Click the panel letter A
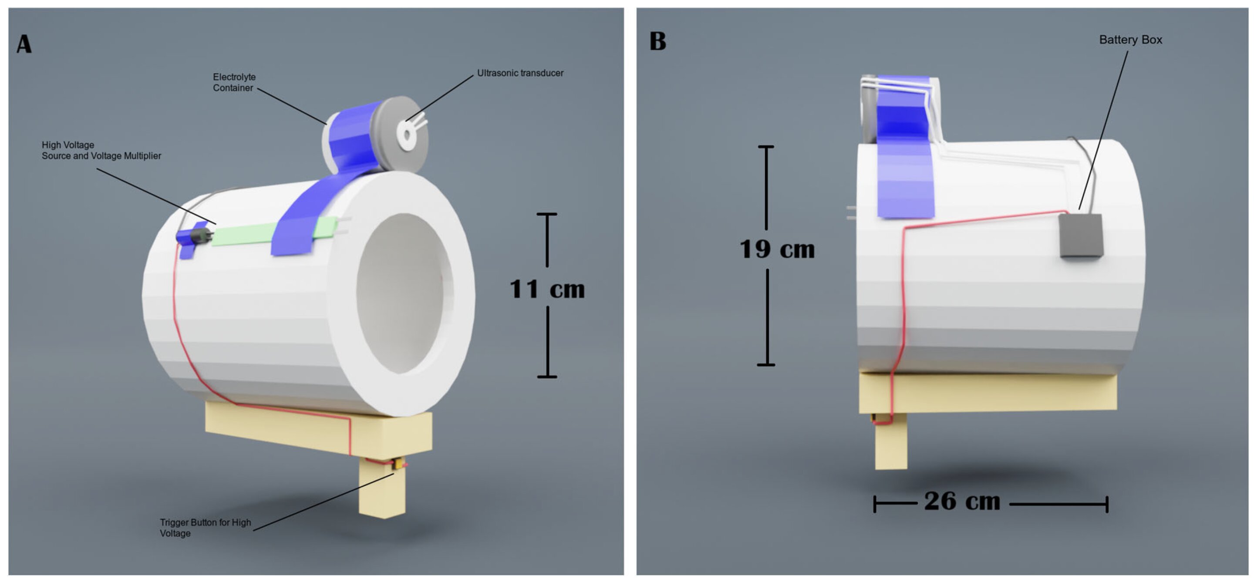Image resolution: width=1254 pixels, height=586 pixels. click(24, 44)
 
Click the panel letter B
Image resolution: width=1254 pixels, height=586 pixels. click(657, 41)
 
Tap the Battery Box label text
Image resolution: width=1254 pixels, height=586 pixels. click(1130, 40)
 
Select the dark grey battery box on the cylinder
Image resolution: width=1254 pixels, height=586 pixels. click(1081, 236)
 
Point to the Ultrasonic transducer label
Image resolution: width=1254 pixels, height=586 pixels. click(520, 73)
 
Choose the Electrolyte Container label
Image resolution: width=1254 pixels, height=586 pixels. click(234, 82)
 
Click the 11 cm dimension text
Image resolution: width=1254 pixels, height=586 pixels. click(547, 289)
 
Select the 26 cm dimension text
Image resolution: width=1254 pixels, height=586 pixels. click(962, 501)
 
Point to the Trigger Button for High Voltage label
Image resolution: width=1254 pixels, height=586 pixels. click(205, 528)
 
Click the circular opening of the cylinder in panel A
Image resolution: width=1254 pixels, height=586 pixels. click(404, 292)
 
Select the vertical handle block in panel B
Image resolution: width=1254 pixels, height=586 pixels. click(891, 445)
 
